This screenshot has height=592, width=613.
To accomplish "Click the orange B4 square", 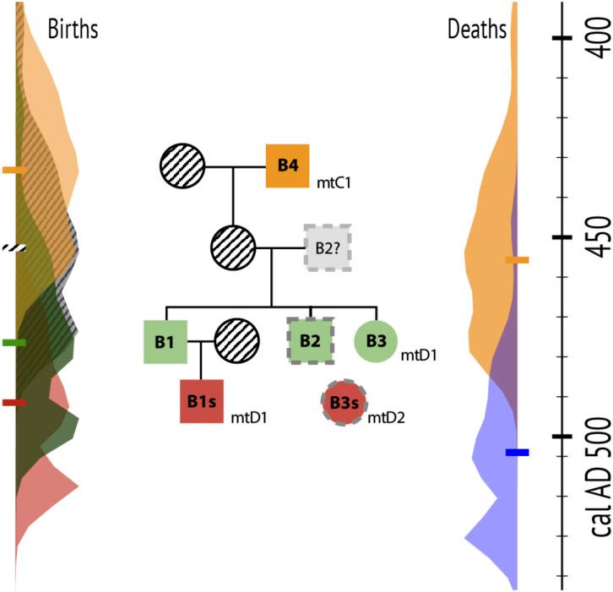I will tap(288, 166).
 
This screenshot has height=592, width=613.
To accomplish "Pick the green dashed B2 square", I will tap(311, 342).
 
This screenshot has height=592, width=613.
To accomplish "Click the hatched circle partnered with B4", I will tap(182, 166).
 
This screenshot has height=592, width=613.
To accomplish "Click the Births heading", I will tap(73, 30).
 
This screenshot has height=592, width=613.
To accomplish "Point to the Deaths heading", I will tap(476, 30).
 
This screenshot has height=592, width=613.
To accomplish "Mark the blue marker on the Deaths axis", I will tap(517, 453).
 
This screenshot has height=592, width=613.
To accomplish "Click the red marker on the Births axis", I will tap(14, 403).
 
